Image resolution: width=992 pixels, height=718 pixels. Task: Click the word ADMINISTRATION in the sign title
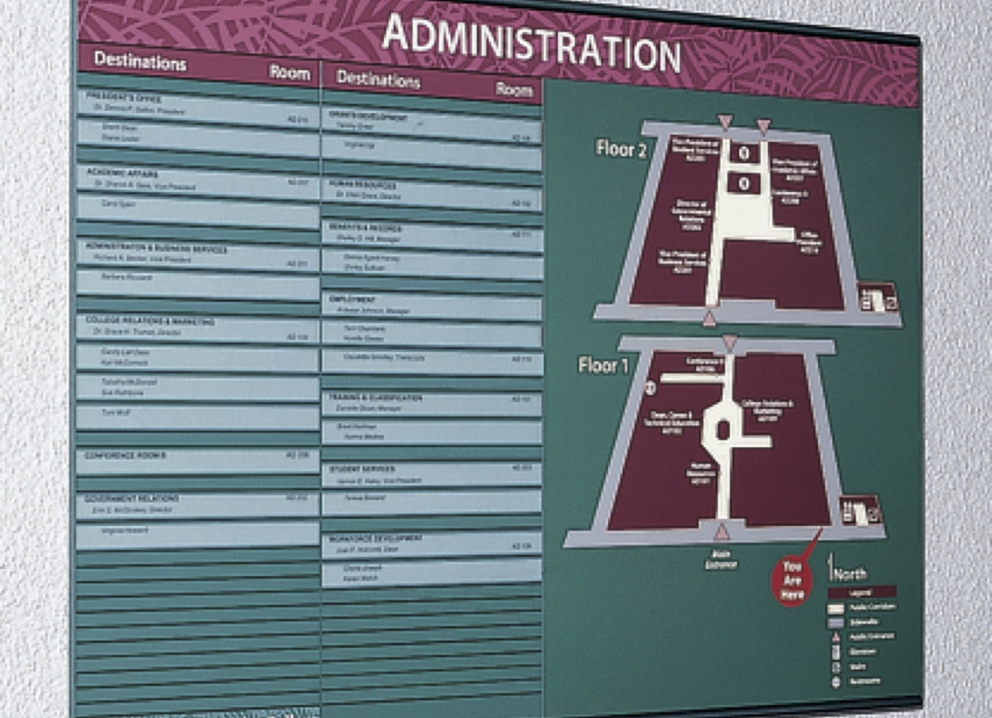click(531, 43)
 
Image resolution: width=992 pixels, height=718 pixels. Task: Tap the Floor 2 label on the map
click(621, 148)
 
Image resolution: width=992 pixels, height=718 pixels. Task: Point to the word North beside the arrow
click(848, 574)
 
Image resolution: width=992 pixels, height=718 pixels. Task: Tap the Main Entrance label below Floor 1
click(720, 559)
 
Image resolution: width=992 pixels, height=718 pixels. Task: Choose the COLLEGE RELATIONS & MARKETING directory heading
click(150, 321)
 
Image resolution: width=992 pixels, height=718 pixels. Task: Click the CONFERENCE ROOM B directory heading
click(126, 456)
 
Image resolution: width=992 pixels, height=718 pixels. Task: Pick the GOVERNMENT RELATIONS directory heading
click(132, 498)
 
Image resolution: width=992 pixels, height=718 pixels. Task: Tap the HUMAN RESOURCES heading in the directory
click(362, 184)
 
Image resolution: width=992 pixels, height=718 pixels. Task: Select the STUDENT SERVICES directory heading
click(361, 468)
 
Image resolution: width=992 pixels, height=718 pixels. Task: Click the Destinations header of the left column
click(139, 62)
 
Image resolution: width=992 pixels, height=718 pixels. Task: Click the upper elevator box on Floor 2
click(744, 153)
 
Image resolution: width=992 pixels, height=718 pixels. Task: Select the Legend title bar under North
click(861, 592)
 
